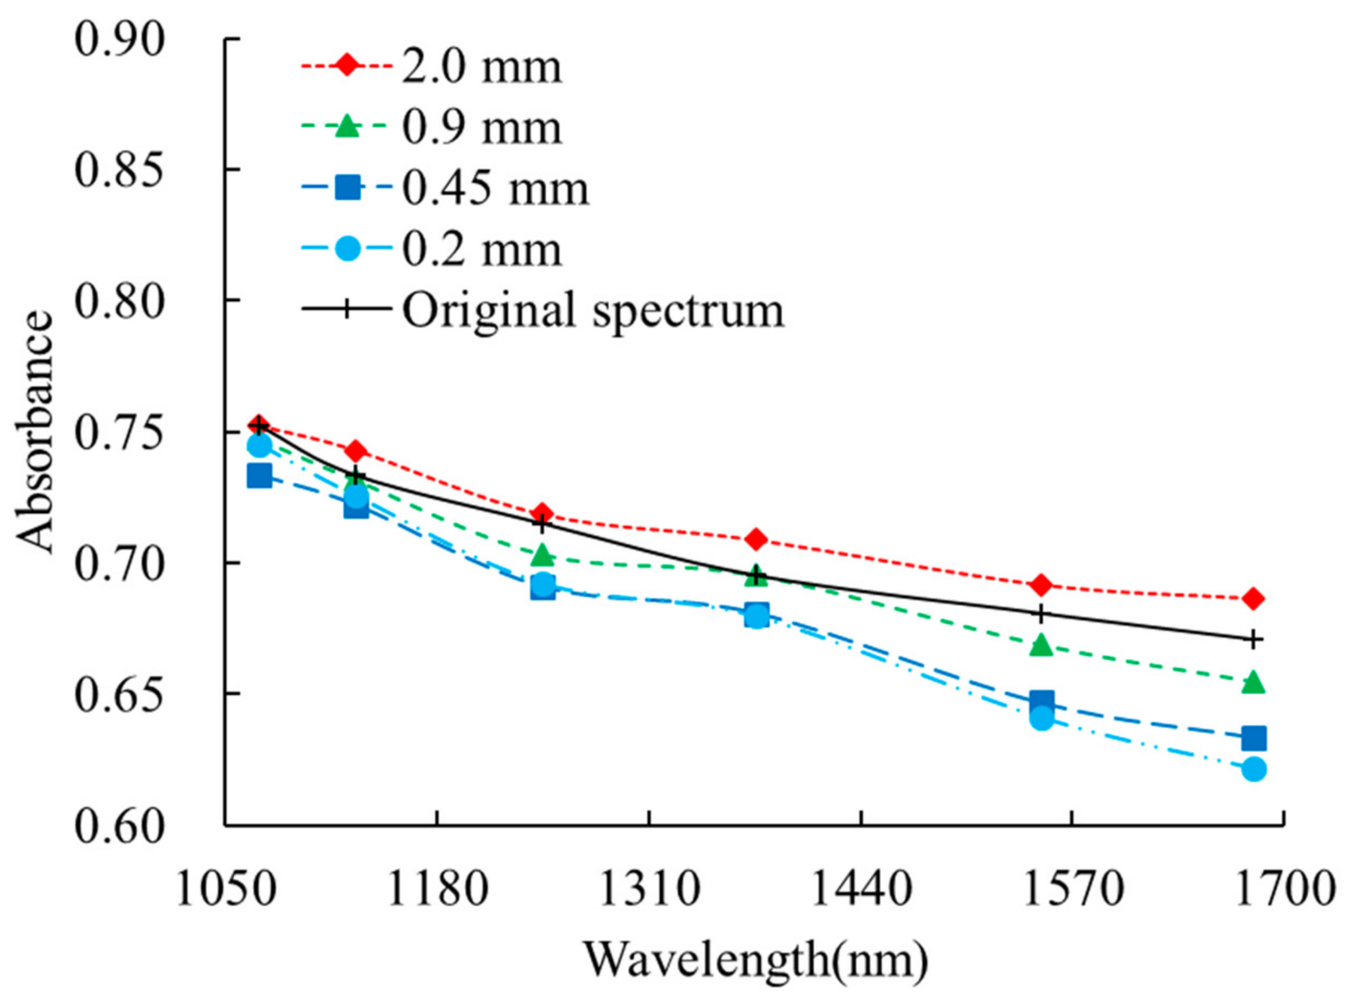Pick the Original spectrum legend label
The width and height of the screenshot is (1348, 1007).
point(593,310)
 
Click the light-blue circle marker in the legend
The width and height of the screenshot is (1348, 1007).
point(347,248)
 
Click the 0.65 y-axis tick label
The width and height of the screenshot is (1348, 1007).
point(120,693)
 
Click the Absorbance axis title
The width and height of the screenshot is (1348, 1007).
point(34,432)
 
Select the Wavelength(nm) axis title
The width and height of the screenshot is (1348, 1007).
point(756,960)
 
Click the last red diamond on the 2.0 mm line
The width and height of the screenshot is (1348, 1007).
point(1253,599)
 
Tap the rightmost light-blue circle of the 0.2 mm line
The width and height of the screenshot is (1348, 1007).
point(1253,769)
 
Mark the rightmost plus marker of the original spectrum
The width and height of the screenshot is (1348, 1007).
point(1253,640)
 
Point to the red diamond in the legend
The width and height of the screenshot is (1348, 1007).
point(347,65)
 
